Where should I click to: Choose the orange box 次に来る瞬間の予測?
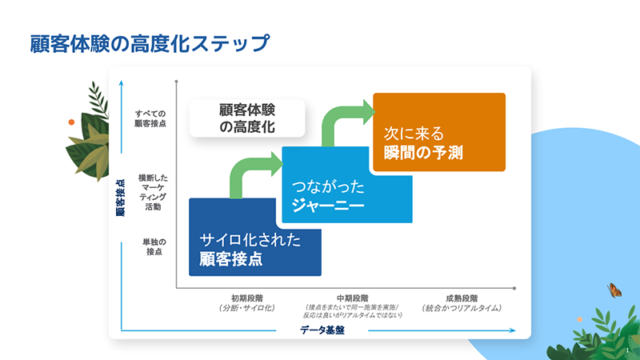tap(439, 132)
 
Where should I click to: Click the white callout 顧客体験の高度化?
tap(248, 118)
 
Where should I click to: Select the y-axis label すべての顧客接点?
tap(150, 118)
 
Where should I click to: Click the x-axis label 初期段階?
tap(246, 298)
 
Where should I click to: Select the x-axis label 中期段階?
tap(353, 298)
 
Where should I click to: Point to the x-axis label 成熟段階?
tap(462, 298)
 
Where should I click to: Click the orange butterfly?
tap(614, 290)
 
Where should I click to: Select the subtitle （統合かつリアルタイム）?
tap(462, 307)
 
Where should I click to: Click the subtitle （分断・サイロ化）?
tap(246, 307)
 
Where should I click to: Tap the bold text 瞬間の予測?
tap(424, 150)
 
